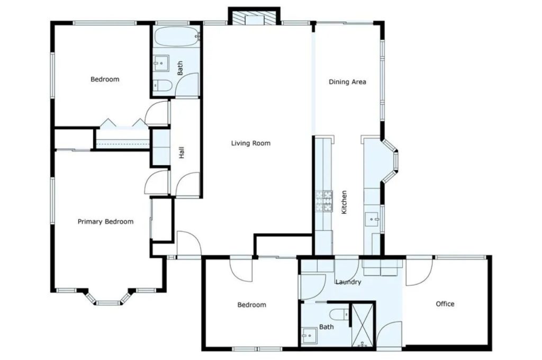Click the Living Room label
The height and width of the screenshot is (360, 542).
[x=250, y=143]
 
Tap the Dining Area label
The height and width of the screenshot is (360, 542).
[x=347, y=82]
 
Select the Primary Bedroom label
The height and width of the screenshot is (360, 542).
[x=105, y=221]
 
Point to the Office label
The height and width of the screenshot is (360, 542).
[x=445, y=304]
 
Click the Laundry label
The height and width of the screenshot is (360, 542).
[x=348, y=282]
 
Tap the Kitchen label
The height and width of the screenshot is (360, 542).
[x=344, y=202]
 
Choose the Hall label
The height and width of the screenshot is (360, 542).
[x=182, y=153]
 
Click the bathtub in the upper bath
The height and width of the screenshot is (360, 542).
[x=176, y=37]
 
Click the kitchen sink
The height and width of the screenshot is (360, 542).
[x=374, y=218]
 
